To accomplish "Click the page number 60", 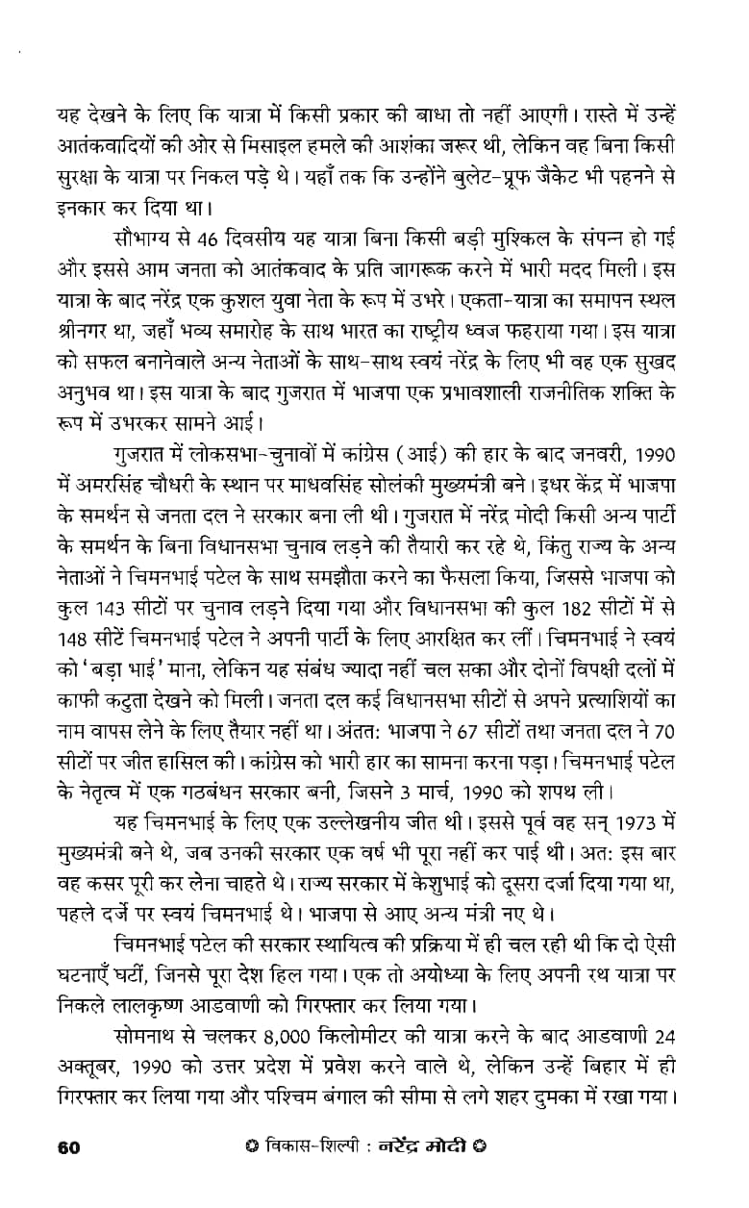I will [x=68, y=1145].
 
